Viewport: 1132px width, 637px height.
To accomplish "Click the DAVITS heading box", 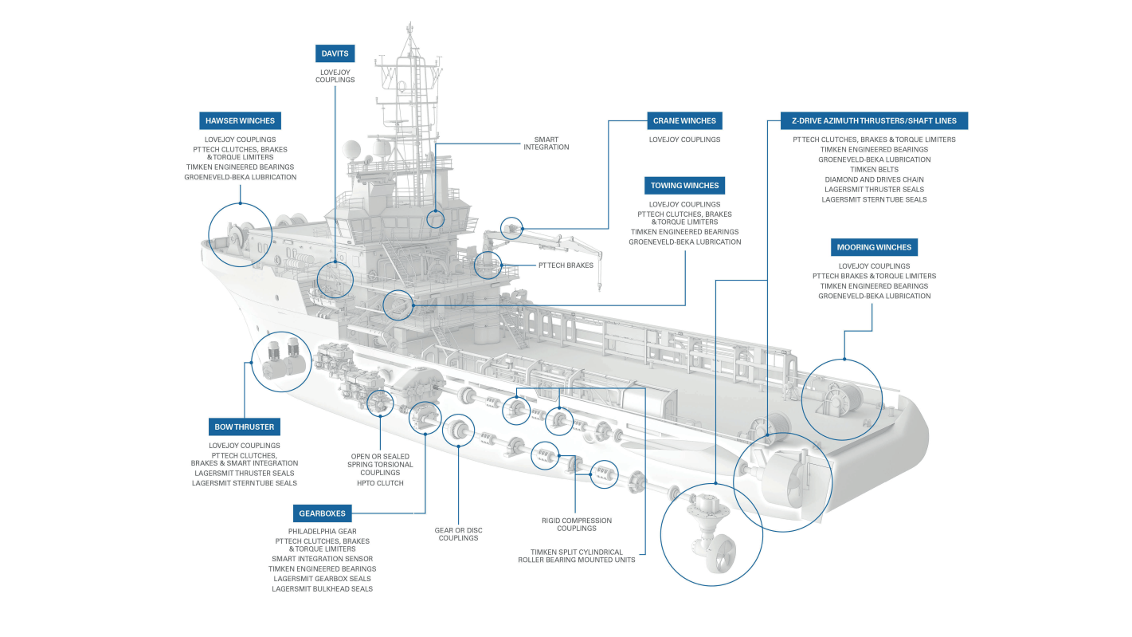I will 335,53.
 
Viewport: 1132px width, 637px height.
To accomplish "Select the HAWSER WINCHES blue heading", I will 240,121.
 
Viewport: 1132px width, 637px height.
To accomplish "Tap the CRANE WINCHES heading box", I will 684,121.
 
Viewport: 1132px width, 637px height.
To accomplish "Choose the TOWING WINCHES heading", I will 684,186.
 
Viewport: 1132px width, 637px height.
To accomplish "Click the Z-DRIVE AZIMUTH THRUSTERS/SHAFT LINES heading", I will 874,121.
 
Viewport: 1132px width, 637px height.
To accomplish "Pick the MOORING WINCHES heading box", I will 874,247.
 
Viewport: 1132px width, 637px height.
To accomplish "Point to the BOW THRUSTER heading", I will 244,427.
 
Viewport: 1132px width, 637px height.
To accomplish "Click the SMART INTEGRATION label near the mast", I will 546,144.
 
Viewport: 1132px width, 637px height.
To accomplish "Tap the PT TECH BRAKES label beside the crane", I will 566,265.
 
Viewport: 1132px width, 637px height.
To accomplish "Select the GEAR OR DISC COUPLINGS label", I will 458,534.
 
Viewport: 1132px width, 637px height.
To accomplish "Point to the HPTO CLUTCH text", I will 380,483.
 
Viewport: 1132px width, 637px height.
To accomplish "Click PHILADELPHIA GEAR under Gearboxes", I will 322,531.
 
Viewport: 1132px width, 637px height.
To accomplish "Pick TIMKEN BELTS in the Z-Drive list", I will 874,170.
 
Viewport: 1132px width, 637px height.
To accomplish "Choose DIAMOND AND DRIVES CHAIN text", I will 874,179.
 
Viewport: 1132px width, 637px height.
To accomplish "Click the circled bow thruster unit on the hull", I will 280,361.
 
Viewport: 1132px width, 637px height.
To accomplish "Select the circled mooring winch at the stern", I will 842,399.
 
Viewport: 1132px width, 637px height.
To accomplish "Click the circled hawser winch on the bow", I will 234,234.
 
